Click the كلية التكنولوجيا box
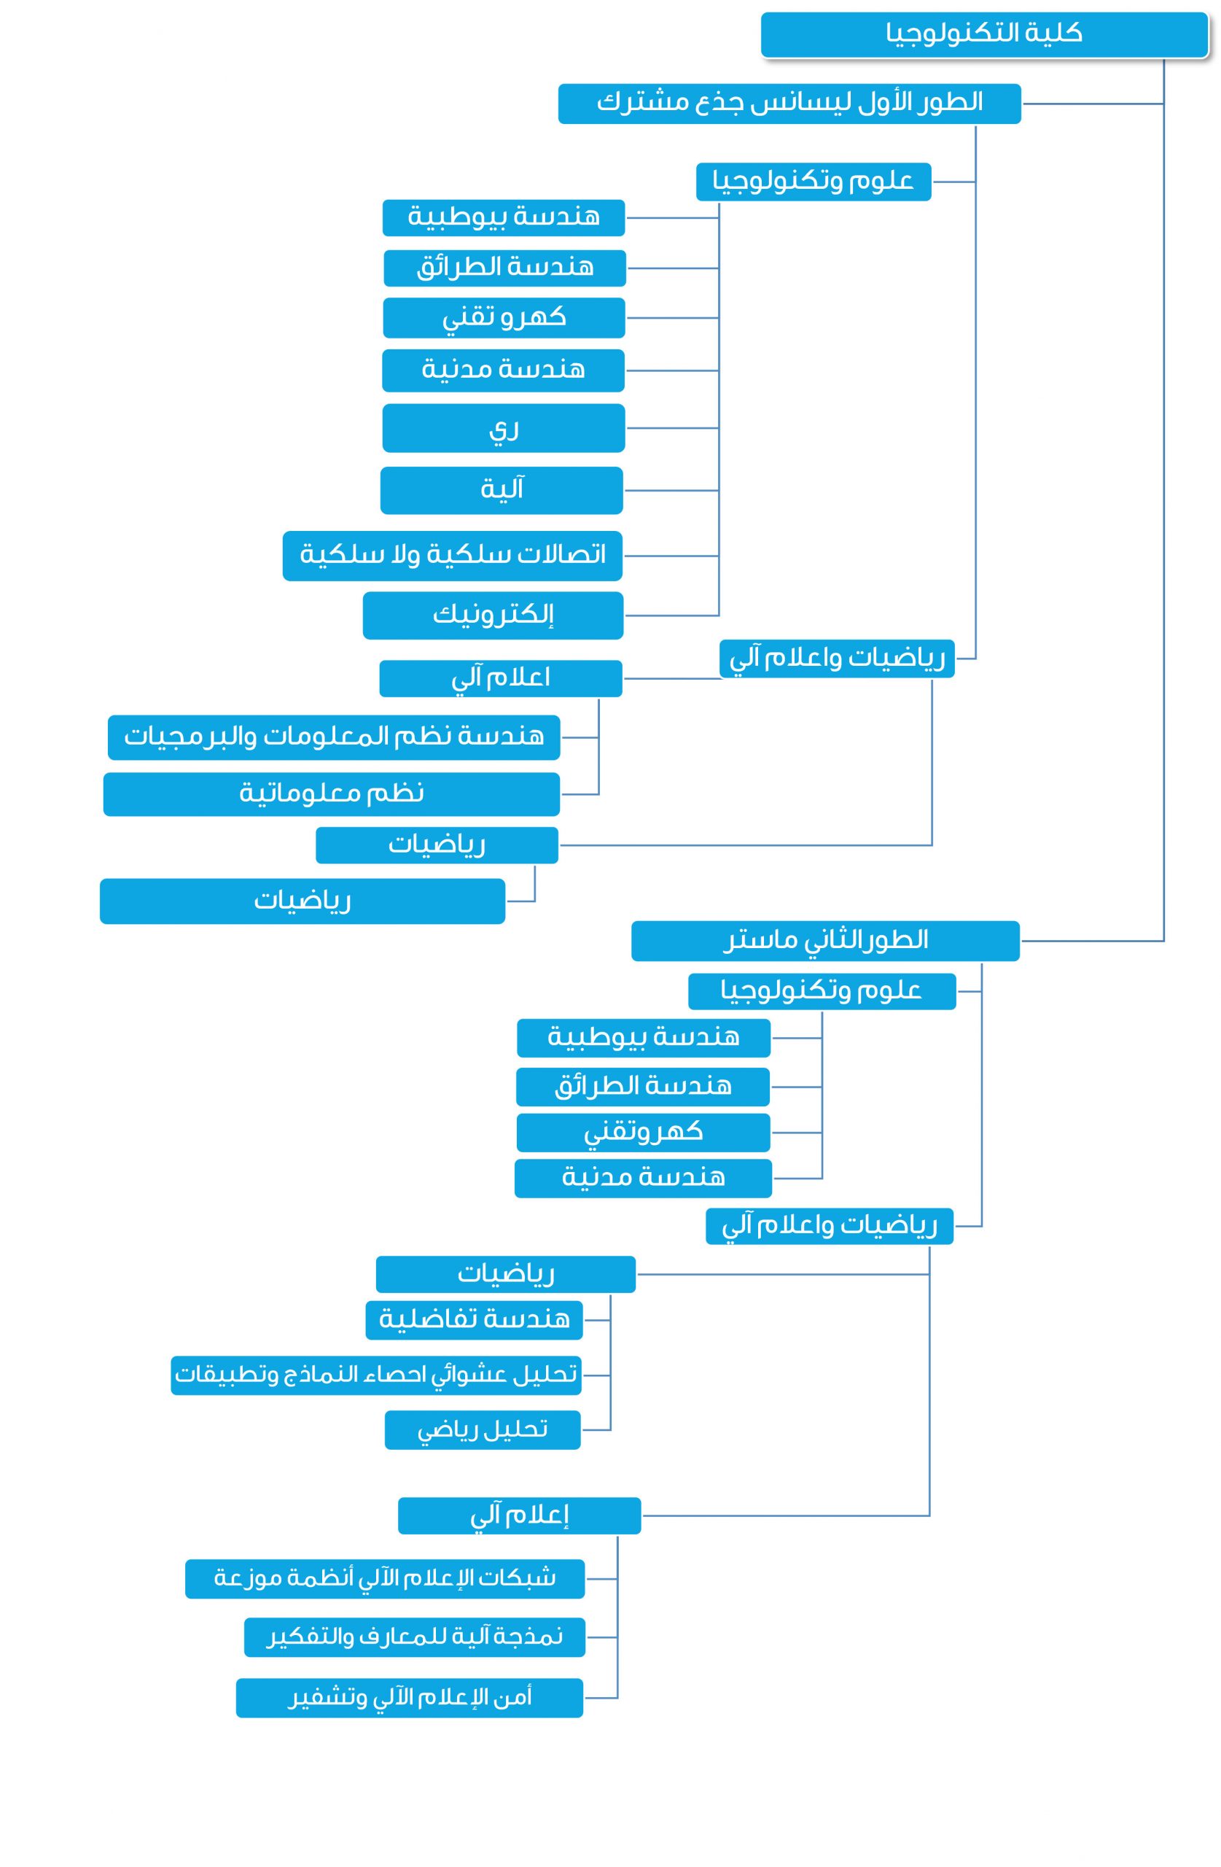tap(983, 34)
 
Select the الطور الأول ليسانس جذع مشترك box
tap(789, 104)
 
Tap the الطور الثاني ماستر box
tap(825, 941)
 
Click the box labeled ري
tap(504, 428)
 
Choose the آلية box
tap(502, 490)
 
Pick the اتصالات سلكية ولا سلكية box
tap(453, 556)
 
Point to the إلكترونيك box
tap(493, 616)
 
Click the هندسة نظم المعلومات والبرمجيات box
tap(334, 737)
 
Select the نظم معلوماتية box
tap(332, 795)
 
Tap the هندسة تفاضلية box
tap(475, 1320)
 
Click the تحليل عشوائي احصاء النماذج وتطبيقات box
tap(376, 1375)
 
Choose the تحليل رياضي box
tap(483, 1430)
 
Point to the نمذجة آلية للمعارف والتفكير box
tap(415, 1637)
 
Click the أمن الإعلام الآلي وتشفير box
tap(410, 1699)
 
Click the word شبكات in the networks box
tap(528, 1577)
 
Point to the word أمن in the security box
tap(515, 1698)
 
